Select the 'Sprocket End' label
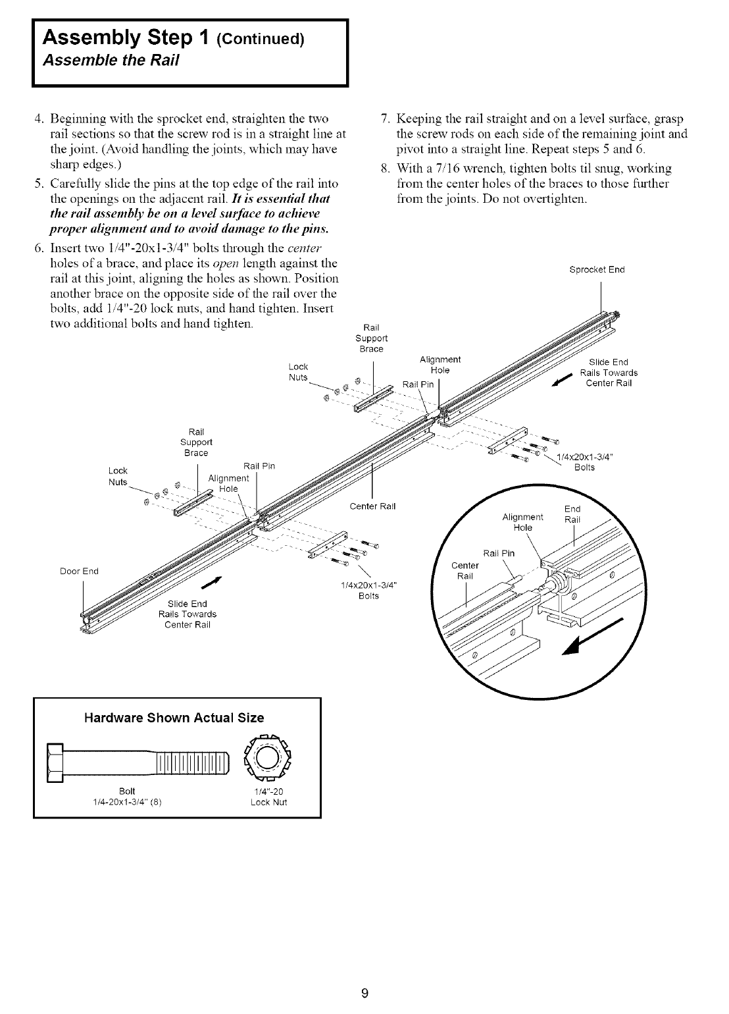pos(601,269)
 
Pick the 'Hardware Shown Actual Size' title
pos(176,717)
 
